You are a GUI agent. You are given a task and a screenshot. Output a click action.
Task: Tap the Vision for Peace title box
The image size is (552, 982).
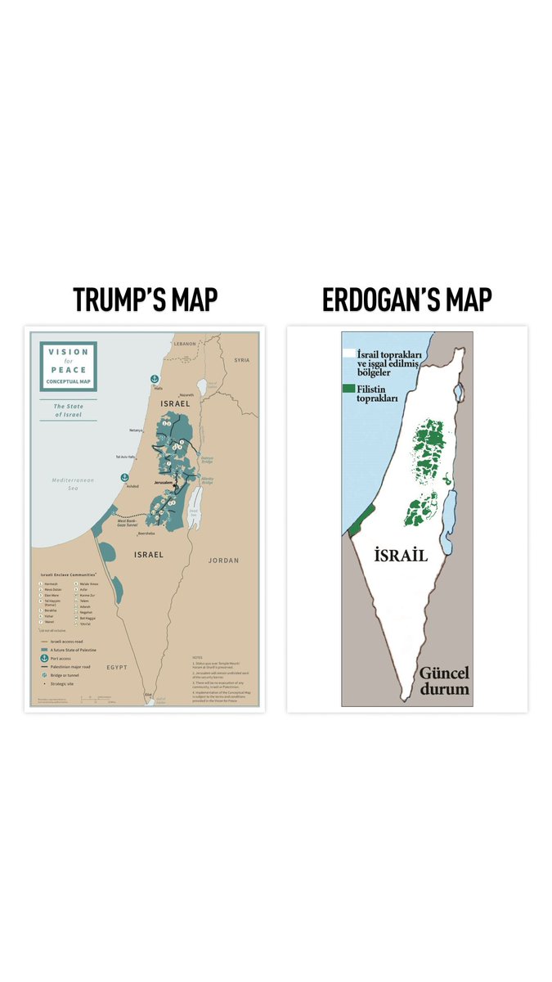point(69,366)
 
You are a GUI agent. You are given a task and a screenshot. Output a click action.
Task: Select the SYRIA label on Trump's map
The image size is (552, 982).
point(241,360)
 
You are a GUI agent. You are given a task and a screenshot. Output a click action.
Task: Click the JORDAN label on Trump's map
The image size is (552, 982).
point(224,561)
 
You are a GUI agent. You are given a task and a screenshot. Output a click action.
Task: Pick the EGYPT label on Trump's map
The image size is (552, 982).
point(116,667)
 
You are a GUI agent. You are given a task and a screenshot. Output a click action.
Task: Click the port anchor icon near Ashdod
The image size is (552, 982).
point(124,476)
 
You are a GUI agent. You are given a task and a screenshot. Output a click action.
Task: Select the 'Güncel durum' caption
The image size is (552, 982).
point(444,682)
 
